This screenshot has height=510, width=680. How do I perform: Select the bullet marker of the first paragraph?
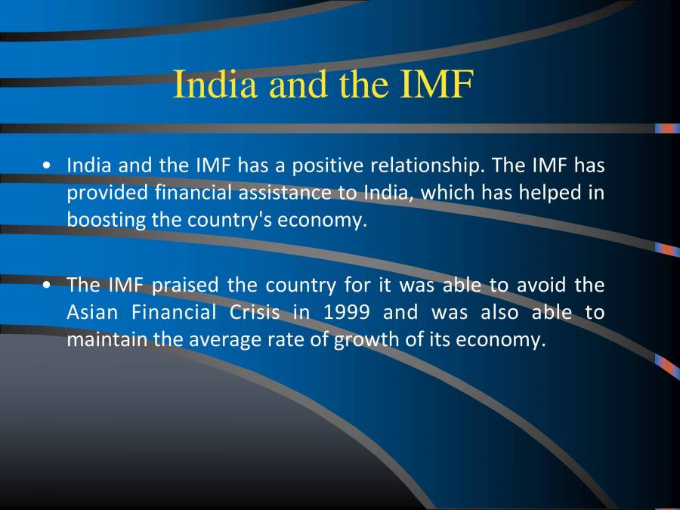(48, 165)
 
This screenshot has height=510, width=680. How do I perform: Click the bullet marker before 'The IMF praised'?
(48, 286)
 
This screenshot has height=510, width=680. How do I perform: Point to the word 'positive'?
(326, 165)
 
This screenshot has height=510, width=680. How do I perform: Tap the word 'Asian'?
(89, 313)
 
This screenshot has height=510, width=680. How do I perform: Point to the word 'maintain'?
(107, 340)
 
